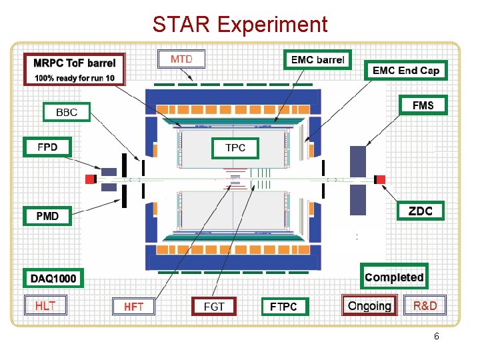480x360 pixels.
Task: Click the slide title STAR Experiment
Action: (x=240, y=25)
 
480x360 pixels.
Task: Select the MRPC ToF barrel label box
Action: (x=75, y=69)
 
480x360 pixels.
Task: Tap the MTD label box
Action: (x=181, y=59)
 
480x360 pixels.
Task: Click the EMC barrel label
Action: (x=318, y=60)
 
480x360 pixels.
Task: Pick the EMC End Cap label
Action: (x=406, y=70)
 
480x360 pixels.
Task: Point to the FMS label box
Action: (x=423, y=105)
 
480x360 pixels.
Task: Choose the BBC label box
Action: (x=67, y=112)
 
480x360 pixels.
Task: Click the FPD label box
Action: (x=48, y=147)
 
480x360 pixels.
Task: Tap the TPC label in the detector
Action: (x=235, y=147)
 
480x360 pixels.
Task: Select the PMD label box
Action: (x=48, y=216)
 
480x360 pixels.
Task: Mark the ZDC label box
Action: (x=420, y=211)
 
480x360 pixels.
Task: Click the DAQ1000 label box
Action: (x=53, y=277)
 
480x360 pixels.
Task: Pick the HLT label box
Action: (x=45, y=305)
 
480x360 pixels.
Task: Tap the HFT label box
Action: (x=133, y=307)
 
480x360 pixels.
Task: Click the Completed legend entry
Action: (x=394, y=277)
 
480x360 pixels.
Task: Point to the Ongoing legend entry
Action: (x=369, y=306)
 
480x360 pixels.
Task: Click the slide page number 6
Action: (x=436, y=337)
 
